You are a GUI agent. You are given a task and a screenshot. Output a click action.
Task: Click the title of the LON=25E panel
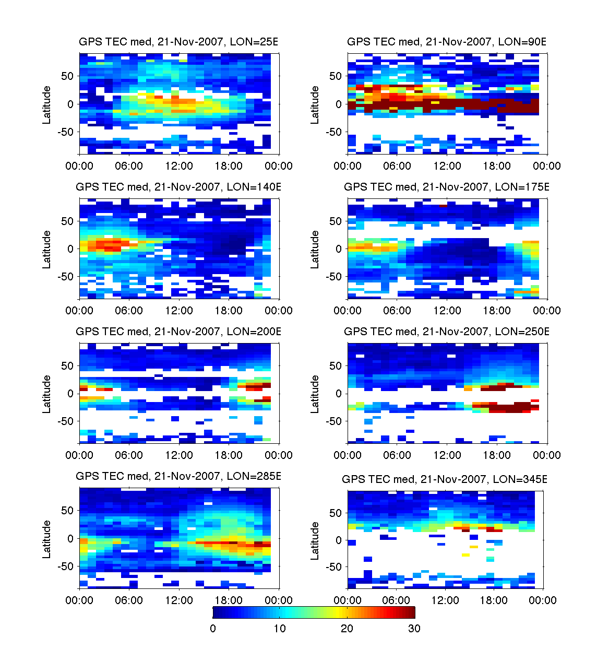[178, 42]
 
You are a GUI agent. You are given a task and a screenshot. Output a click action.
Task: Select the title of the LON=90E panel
[447, 42]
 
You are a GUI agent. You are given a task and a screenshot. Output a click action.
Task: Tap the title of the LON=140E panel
[178, 187]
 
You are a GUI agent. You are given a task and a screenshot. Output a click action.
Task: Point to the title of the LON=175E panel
[447, 187]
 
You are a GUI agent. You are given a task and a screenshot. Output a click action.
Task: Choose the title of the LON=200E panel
[178, 332]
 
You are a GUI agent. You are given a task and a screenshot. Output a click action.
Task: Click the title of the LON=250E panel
[447, 332]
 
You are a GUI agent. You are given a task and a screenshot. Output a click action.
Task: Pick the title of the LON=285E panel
[178, 476]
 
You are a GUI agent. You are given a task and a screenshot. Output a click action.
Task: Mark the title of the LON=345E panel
[445, 479]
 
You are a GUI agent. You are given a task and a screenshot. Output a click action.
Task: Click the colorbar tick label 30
[414, 629]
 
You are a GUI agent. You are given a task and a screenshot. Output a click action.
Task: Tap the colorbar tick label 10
[280, 629]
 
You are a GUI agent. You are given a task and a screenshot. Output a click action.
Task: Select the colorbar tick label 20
[347, 629]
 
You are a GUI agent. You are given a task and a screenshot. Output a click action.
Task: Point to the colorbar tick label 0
[213, 629]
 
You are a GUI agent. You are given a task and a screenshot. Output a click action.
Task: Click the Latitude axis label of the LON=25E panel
[47, 105]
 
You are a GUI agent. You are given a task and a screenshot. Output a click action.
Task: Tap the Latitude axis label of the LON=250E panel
[315, 394]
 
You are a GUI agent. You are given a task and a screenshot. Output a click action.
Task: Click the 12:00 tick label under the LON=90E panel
[447, 166]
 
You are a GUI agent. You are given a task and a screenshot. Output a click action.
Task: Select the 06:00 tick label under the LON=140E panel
[129, 311]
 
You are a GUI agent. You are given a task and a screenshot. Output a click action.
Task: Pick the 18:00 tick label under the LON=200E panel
[229, 455]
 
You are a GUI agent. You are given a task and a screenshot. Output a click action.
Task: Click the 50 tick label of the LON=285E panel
[67, 511]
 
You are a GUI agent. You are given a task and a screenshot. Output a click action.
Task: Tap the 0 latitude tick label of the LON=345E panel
[338, 540]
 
